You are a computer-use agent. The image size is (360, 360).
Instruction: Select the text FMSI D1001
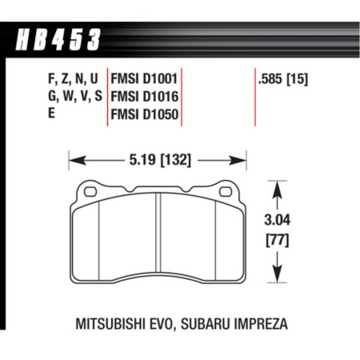click(145, 80)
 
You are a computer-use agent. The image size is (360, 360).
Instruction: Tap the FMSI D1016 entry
click(145, 98)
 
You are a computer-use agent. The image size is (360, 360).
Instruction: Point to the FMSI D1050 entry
click(145, 115)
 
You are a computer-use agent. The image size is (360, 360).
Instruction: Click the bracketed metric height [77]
click(278, 238)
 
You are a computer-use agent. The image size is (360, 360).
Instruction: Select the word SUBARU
click(210, 326)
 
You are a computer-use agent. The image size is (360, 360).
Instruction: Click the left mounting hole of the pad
click(89, 191)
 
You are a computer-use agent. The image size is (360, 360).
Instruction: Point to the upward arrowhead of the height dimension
click(278, 186)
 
